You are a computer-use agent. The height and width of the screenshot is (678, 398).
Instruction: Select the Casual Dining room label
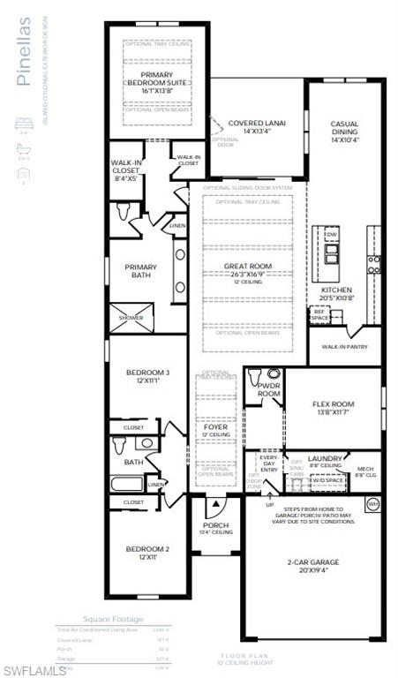[344, 132]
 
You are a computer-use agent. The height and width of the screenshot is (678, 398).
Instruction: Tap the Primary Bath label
[140, 271]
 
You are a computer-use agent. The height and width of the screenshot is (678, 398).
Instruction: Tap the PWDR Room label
[268, 389]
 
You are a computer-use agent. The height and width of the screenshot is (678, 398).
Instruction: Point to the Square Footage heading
[112, 619]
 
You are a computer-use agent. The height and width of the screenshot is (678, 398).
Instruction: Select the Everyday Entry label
[269, 463]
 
